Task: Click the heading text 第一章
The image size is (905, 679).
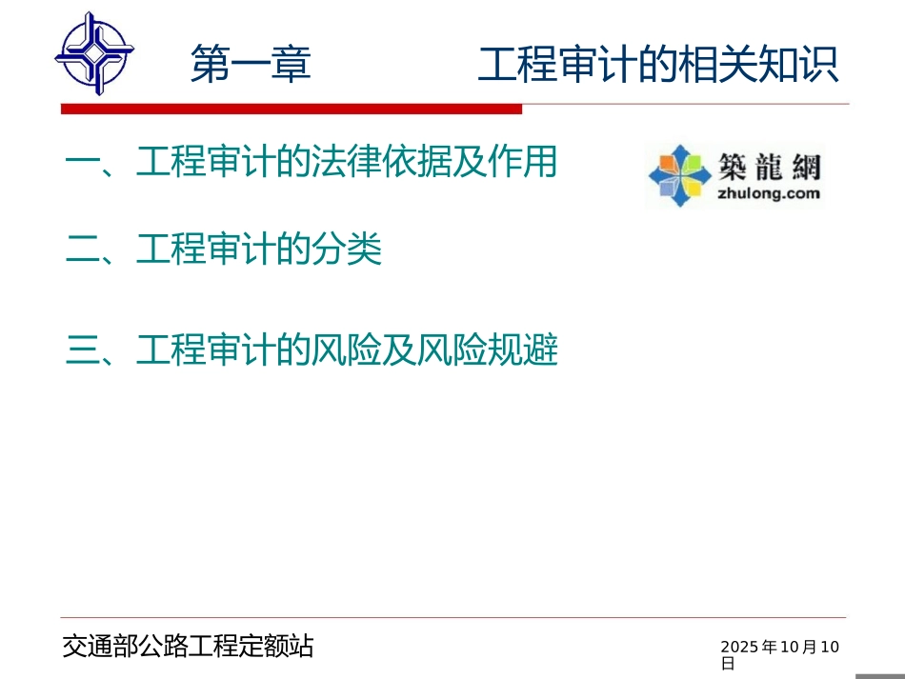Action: click(x=251, y=66)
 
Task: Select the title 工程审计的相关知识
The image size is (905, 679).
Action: click(x=658, y=66)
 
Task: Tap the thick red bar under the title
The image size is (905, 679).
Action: click(x=291, y=110)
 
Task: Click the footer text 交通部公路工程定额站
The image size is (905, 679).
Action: click(x=188, y=648)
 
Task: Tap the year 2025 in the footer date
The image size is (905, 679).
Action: click(x=738, y=648)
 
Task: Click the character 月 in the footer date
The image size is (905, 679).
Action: click(x=810, y=648)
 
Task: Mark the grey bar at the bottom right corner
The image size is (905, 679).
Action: click(x=879, y=676)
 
